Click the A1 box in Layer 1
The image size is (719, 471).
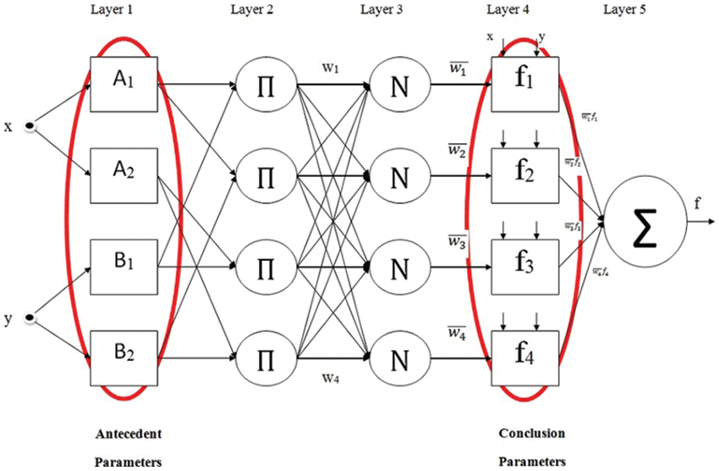point(123,86)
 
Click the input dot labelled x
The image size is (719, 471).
point(30,127)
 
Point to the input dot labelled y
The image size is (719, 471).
point(30,319)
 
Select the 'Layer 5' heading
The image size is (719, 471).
point(627,10)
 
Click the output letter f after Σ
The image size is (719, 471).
point(697,203)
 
